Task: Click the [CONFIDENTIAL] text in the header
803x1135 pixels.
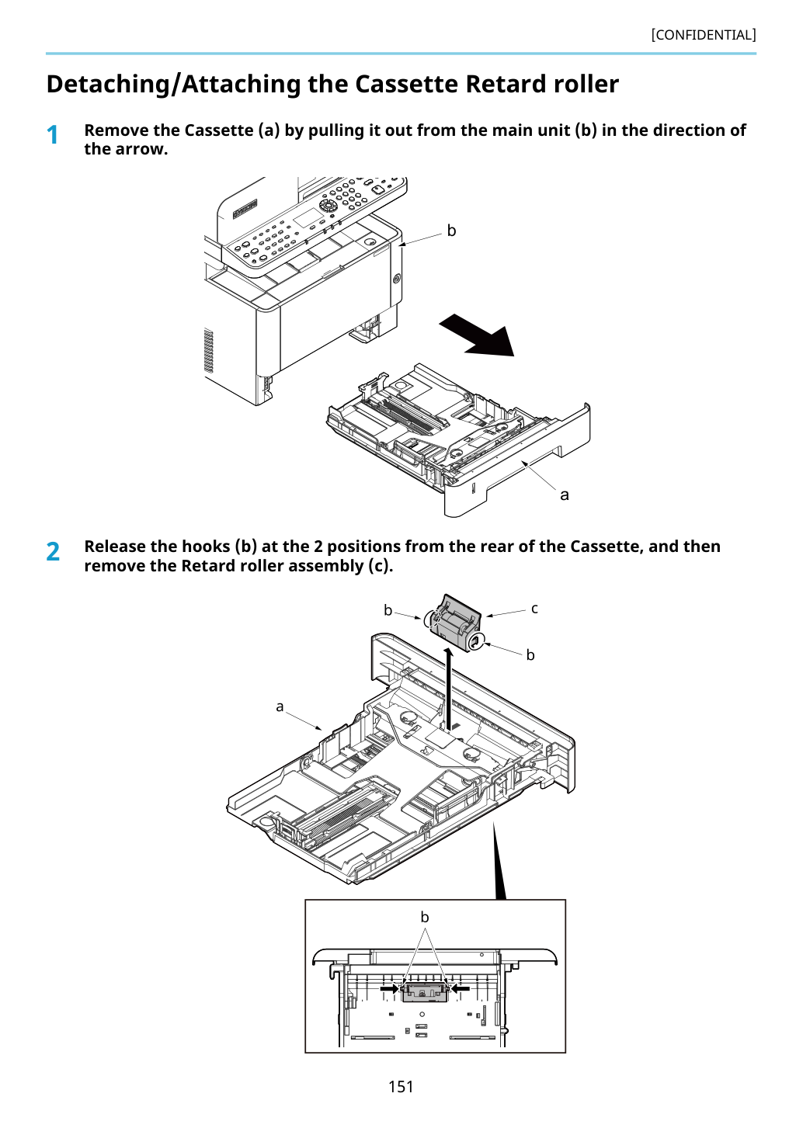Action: click(703, 35)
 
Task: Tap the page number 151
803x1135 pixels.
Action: click(401, 1086)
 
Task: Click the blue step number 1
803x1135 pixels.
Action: click(52, 135)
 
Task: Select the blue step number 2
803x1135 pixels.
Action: click(53, 551)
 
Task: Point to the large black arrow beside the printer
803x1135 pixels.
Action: click(477, 335)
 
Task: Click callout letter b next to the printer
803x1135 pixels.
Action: click(451, 231)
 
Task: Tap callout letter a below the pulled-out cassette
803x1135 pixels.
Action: click(565, 495)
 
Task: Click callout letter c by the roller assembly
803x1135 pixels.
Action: click(534, 609)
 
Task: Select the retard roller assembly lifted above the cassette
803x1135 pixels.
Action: click(455, 623)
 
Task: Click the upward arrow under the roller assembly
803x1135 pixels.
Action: click(449, 689)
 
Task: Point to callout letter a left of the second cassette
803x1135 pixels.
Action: click(280, 706)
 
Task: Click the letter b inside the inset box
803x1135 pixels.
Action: click(425, 917)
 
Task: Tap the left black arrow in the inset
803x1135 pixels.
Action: click(389, 988)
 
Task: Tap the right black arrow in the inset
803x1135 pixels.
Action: click(461, 988)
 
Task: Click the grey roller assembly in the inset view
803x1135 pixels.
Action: click(425, 993)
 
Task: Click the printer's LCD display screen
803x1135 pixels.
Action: click(310, 218)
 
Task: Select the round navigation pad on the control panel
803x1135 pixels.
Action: click(328, 205)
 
